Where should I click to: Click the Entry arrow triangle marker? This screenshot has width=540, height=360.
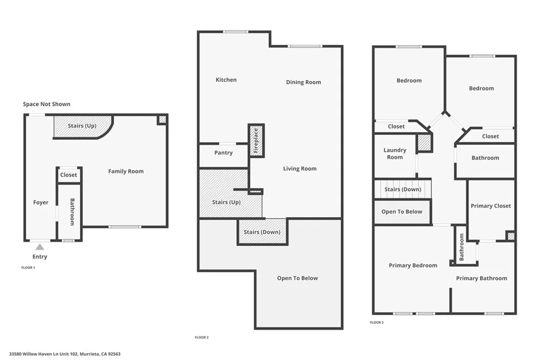coord(40,246)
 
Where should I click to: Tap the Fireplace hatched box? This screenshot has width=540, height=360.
coord(256,141)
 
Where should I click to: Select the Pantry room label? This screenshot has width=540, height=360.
coord(224,153)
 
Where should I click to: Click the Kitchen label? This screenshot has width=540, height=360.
coord(226,80)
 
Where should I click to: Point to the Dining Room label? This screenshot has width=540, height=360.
coord(303,82)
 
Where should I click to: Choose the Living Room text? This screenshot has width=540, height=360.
coord(300,169)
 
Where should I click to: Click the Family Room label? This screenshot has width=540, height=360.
coord(126,171)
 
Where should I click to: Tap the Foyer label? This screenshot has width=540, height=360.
coord(41,202)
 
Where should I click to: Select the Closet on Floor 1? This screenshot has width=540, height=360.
coord(69,175)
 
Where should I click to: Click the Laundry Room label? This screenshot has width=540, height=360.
coord(394,153)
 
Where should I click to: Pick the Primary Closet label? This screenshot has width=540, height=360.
coord(490,206)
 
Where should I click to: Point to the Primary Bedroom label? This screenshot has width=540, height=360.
coord(413,265)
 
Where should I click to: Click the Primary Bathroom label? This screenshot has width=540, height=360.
coord(481,278)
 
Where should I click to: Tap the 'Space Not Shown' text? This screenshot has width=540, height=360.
coord(46,104)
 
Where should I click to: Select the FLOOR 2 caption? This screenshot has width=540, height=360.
coord(202,337)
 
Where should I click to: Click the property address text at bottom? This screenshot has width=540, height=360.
coord(65,354)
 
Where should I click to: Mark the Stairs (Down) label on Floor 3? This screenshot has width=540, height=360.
coord(402,189)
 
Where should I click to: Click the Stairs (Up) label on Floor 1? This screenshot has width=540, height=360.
coord(82,126)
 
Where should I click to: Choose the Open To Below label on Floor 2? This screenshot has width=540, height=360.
coord(297,278)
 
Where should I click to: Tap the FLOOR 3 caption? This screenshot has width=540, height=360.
coord(377,322)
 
